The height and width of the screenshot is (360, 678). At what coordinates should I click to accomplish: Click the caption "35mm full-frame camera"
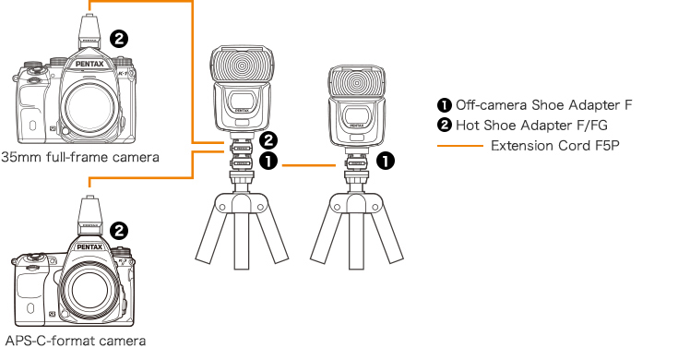80,157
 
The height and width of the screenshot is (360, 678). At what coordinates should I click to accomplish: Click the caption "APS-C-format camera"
76,341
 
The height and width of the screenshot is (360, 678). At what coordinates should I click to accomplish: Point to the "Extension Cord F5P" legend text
556,145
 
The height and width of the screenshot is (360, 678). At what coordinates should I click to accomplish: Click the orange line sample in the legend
459,145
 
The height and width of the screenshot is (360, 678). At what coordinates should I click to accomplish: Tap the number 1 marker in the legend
444,104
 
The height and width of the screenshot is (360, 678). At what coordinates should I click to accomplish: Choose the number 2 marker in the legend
444,125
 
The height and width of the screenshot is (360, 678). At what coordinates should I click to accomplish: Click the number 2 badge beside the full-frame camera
119,39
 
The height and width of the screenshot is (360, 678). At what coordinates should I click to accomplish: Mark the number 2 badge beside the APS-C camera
119,231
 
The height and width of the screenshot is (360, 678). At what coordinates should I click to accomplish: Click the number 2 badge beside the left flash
268,141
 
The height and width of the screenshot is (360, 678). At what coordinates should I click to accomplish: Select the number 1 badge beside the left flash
268,162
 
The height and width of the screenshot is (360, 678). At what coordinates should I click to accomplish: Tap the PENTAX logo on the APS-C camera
89,248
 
